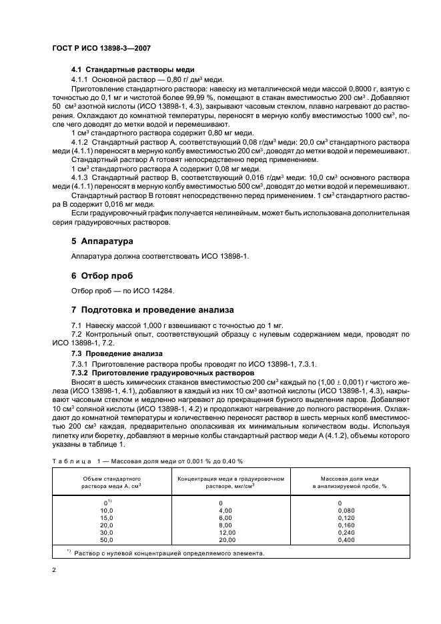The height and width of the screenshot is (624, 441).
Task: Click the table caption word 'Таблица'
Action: [69, 461]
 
